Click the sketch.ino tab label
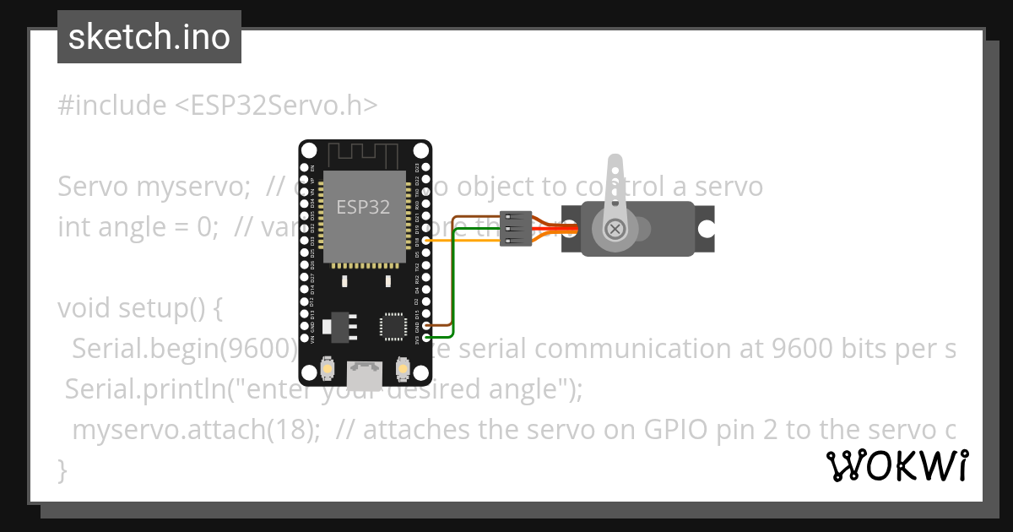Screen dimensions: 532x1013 tap(149, 37)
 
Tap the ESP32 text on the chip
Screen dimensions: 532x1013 tap(363, 207)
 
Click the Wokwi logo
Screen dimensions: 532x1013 tap(897, 466)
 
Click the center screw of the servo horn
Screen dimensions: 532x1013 tap(616, 228)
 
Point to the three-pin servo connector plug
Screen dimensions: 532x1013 tap(516, 228)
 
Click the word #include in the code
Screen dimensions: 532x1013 tap(112, 106)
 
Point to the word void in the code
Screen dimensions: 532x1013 tap(85, 308)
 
